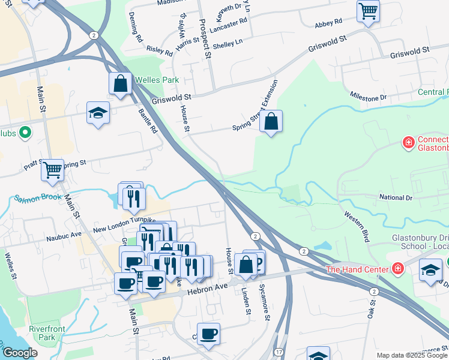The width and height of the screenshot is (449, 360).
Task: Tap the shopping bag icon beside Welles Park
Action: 120,84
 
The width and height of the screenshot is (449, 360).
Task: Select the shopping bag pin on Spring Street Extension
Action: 271,122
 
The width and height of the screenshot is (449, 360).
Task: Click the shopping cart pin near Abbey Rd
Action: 368,10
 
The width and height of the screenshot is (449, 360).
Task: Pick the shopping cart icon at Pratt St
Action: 52,170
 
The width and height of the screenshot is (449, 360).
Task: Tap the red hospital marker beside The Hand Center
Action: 397,268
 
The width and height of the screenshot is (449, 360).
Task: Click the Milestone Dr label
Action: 369,97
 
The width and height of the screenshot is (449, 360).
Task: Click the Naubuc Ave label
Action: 64,238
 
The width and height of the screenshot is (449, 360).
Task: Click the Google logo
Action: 20,353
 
